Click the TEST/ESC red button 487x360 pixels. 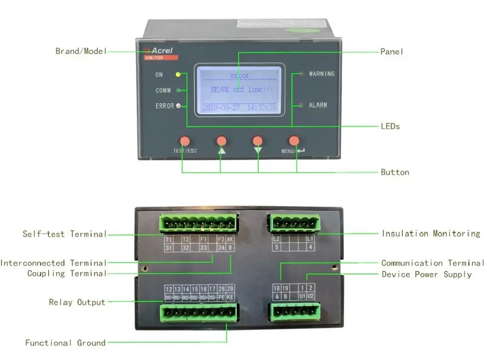tap(185, 141)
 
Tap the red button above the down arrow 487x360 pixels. tap(258, 141)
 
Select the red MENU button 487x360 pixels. tap(294, 141)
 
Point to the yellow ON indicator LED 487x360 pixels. tap(178, 75)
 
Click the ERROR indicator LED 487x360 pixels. tap(178, 105)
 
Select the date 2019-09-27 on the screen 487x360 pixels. tap(221, 107)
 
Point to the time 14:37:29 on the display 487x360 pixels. tap(262, 107)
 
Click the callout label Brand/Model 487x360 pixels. tap(80, 51)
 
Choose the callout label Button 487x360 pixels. tap(394, 172)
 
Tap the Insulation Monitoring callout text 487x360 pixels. tap(431, 233)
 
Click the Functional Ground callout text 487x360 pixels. tap(65, 342)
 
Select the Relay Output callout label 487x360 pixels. tap(77, 302)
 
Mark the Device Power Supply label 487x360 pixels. tap(426, 274)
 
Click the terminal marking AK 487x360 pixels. tap(230, 239)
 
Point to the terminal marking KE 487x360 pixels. tap(230, 297)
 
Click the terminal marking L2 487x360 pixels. tap(276, 239)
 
